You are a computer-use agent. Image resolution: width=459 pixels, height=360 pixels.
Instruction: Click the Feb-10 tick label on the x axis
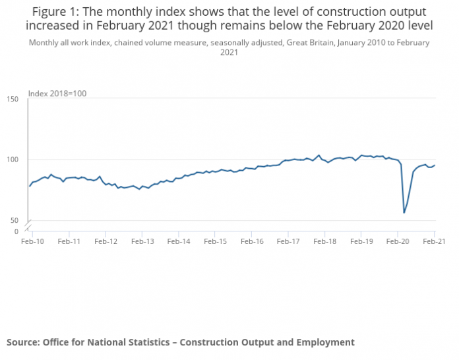coord(32,242)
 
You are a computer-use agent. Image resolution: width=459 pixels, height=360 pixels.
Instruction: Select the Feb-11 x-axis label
coord(69,242)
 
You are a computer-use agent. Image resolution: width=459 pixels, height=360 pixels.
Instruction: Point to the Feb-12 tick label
coord(106,242)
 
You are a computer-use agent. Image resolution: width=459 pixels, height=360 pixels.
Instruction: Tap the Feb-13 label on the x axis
coord(142,242)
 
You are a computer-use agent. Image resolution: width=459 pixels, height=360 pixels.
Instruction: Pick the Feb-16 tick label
coord(252,242)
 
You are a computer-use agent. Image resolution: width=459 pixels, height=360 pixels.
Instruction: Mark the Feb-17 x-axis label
coord(288,242)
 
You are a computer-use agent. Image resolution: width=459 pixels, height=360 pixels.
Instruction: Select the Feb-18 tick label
coord(325,242)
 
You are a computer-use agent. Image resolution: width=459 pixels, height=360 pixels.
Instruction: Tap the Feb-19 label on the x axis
coord(361,242)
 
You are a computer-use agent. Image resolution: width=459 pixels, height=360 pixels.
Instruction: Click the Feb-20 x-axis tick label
coord(398,242)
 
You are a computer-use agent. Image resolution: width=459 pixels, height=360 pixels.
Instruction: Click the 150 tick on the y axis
coord(13,99)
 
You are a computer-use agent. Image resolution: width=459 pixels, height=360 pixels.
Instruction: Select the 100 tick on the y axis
coord(13,160)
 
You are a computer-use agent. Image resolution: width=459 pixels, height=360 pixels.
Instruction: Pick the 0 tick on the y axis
coord(16,231)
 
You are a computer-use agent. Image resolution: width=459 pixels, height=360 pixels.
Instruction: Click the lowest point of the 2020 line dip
coord(404,212)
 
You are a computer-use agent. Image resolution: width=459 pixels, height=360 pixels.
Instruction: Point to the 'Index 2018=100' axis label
coord(58,94)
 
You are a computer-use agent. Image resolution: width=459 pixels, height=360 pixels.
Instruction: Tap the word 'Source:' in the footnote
coord(23,342)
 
